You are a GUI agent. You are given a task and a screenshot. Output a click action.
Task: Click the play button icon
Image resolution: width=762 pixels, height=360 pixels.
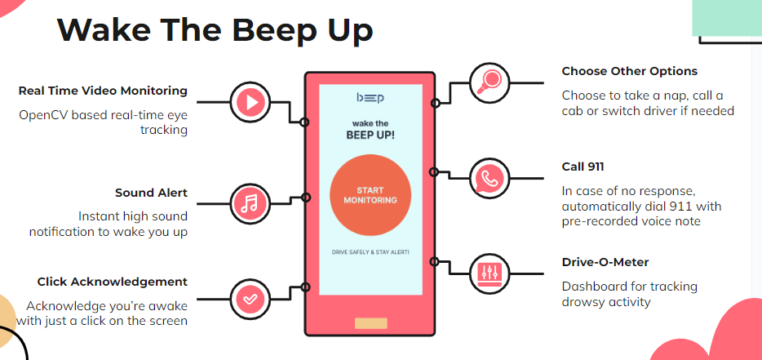[250, 102]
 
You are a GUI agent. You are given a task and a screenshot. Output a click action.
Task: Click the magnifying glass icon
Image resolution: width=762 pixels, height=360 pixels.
[490, 82]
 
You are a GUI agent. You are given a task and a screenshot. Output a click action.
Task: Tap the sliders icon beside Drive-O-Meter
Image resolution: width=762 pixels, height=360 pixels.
[490, 273]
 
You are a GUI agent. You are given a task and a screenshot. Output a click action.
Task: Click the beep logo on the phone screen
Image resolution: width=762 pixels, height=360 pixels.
[370, 99]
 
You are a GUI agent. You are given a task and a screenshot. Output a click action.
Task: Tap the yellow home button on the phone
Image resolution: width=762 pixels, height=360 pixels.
[370, 323]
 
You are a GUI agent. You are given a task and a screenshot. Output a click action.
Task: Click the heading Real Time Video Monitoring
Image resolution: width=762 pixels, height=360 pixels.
[103, 91]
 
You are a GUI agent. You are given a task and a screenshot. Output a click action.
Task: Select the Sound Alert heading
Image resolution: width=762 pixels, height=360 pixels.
[151, 193]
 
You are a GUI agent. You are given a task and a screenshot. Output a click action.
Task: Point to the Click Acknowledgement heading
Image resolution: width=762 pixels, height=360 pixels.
[112, 282]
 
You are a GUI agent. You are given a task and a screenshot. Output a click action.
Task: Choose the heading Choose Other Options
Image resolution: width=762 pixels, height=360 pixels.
[629, 71]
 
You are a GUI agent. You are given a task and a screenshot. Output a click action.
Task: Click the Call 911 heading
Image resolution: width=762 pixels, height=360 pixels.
[583, 167]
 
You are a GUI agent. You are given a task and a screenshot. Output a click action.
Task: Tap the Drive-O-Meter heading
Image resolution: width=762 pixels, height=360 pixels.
[605, 262]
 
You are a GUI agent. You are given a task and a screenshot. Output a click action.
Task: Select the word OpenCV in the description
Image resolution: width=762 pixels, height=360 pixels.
[44, 114]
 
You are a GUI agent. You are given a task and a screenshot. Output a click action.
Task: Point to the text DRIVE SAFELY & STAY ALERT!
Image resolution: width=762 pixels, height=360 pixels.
[370, 252]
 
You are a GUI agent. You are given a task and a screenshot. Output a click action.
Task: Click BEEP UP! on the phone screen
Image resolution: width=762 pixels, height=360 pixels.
[370, 135]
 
